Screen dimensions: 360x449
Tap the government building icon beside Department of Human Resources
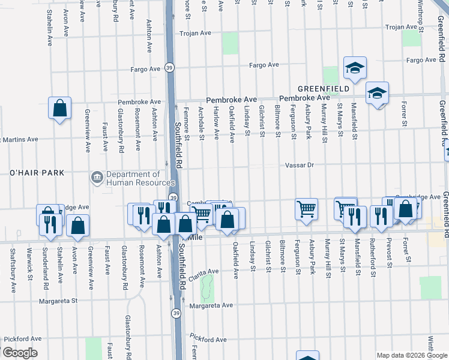click(97, 178)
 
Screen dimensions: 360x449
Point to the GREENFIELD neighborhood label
click(324, 89)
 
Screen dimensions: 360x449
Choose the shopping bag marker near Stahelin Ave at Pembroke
click(60, 109)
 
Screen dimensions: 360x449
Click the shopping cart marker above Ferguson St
click(306, 209)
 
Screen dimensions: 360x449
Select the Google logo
click(20, 353)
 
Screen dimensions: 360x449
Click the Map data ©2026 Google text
click(412, 355)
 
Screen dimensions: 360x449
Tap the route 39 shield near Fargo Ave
click(170, 68)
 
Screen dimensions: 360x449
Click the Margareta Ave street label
click(211, 305)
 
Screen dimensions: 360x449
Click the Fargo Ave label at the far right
click(421, 60)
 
